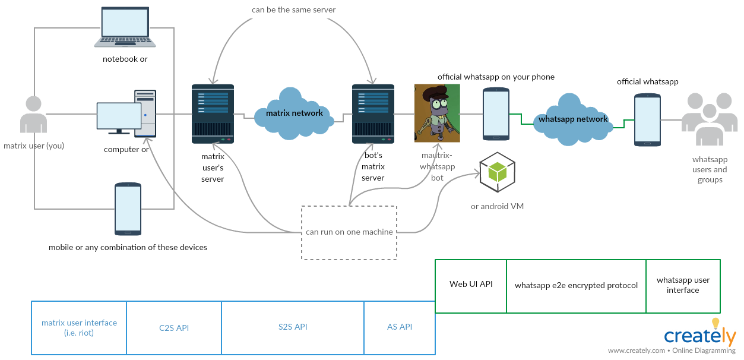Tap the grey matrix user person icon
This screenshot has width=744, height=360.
point(33,115)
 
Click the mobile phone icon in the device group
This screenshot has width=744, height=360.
point(128,209)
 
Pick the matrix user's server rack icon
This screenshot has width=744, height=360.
point(213,114)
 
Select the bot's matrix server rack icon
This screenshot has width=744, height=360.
point(373,114)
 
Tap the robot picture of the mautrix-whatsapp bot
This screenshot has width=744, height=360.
point(437,113)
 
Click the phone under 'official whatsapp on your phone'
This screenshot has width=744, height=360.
point(495,113)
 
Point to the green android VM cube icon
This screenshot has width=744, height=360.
point(497,172)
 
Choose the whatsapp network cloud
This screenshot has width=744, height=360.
point(572,119)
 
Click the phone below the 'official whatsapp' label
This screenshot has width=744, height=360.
point(647,119)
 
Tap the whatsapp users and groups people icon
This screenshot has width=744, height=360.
point(710,119)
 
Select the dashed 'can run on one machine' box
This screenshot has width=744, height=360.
point(349,232)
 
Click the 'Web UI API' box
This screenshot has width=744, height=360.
point(471,286)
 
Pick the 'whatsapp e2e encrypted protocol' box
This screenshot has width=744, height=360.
point(576,286)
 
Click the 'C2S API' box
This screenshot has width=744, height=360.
point(174,328)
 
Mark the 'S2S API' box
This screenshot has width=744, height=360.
point(293,327)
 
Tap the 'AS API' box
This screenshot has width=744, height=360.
point(400,327)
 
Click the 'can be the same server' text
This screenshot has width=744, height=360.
point(293,10)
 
